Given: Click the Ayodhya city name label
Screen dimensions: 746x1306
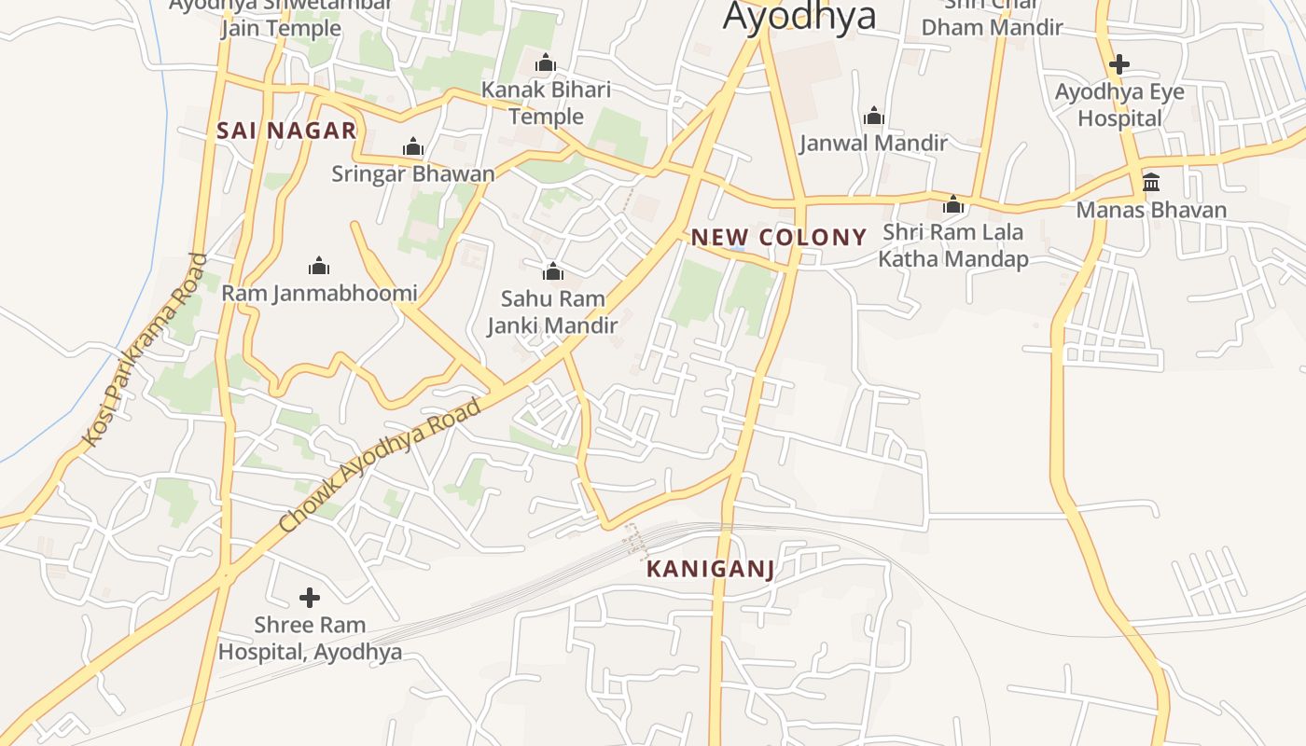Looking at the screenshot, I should (x=799, y=17).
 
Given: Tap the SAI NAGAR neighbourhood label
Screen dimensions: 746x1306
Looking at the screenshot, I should (x=286, y=131).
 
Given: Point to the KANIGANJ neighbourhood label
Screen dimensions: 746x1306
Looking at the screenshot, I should (x=710, y=569).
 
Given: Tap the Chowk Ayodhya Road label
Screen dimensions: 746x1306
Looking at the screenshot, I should (x=380, y=465).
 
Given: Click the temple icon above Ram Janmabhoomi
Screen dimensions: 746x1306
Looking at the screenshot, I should (x=319, y=267).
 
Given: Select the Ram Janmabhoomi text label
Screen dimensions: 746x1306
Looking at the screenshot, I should (x=319, y=294).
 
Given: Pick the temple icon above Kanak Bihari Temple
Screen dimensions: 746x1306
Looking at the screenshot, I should (x=546, y=63).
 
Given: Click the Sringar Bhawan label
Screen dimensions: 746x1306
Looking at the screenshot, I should (x=413, y=173).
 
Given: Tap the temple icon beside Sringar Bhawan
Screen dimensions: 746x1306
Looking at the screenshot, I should (x=412, y=146).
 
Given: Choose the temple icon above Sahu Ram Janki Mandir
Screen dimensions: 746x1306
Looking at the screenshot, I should (x=552, y=271).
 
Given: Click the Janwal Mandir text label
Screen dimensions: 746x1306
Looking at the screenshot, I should (x=873, y=143).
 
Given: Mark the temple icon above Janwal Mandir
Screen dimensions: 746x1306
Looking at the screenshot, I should (x=874, y=116).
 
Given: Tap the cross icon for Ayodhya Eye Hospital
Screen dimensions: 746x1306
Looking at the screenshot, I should (x=1119, y=64).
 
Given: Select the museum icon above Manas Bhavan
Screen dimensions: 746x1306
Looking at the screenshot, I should (x=1151, y=182).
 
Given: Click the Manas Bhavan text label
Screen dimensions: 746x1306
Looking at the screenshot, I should (x=1151, y=210).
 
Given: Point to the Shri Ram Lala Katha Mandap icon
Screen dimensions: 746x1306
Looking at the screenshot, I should (x=953, y=204).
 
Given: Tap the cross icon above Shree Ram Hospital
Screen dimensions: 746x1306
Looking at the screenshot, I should (x=310, y=597).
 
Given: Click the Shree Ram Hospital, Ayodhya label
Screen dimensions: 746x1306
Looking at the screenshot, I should (x=310, y=638).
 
